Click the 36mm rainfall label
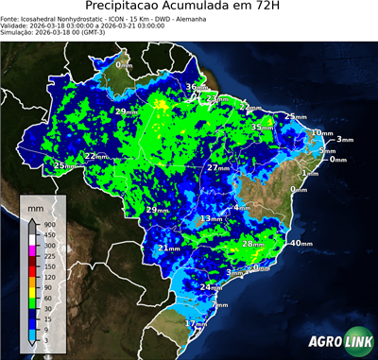(195, 88)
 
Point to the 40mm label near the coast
(300, 244)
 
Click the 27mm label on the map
(218, 167)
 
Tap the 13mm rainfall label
(210, 219)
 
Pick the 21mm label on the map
(168, 249)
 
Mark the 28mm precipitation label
(252, 244)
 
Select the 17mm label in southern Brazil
(195, 323)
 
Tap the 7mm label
(220, 305)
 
